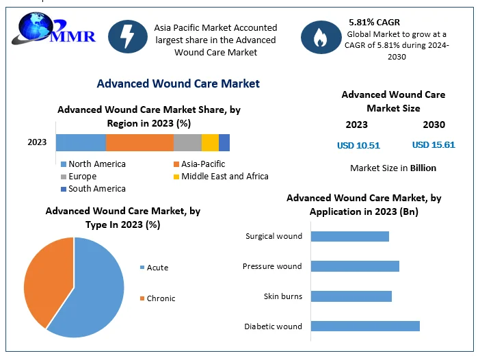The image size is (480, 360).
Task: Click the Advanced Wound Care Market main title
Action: click(x=178, y=83)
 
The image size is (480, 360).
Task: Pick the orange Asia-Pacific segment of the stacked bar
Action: click(x=139, y=142)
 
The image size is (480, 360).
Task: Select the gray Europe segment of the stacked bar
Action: click(x=187, y=142)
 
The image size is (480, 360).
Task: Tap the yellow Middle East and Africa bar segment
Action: click(x=210, y=142)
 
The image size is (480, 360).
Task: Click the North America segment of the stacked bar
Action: click(x=81, y=142)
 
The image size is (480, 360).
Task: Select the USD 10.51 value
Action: click(x=358, y=145)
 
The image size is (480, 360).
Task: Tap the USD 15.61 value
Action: click(x=434, y=145)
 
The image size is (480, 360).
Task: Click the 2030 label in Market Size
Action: click(x=434, y=125)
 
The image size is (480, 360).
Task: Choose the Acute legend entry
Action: click(x=157, y=268)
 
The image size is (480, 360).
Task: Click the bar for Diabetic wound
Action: click(x=365, y=326)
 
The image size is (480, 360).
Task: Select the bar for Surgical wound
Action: click(x=349, y=236)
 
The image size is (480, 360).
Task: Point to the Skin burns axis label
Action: click(x=282, y=296)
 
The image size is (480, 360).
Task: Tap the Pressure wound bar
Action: click(x=355, y=266)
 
